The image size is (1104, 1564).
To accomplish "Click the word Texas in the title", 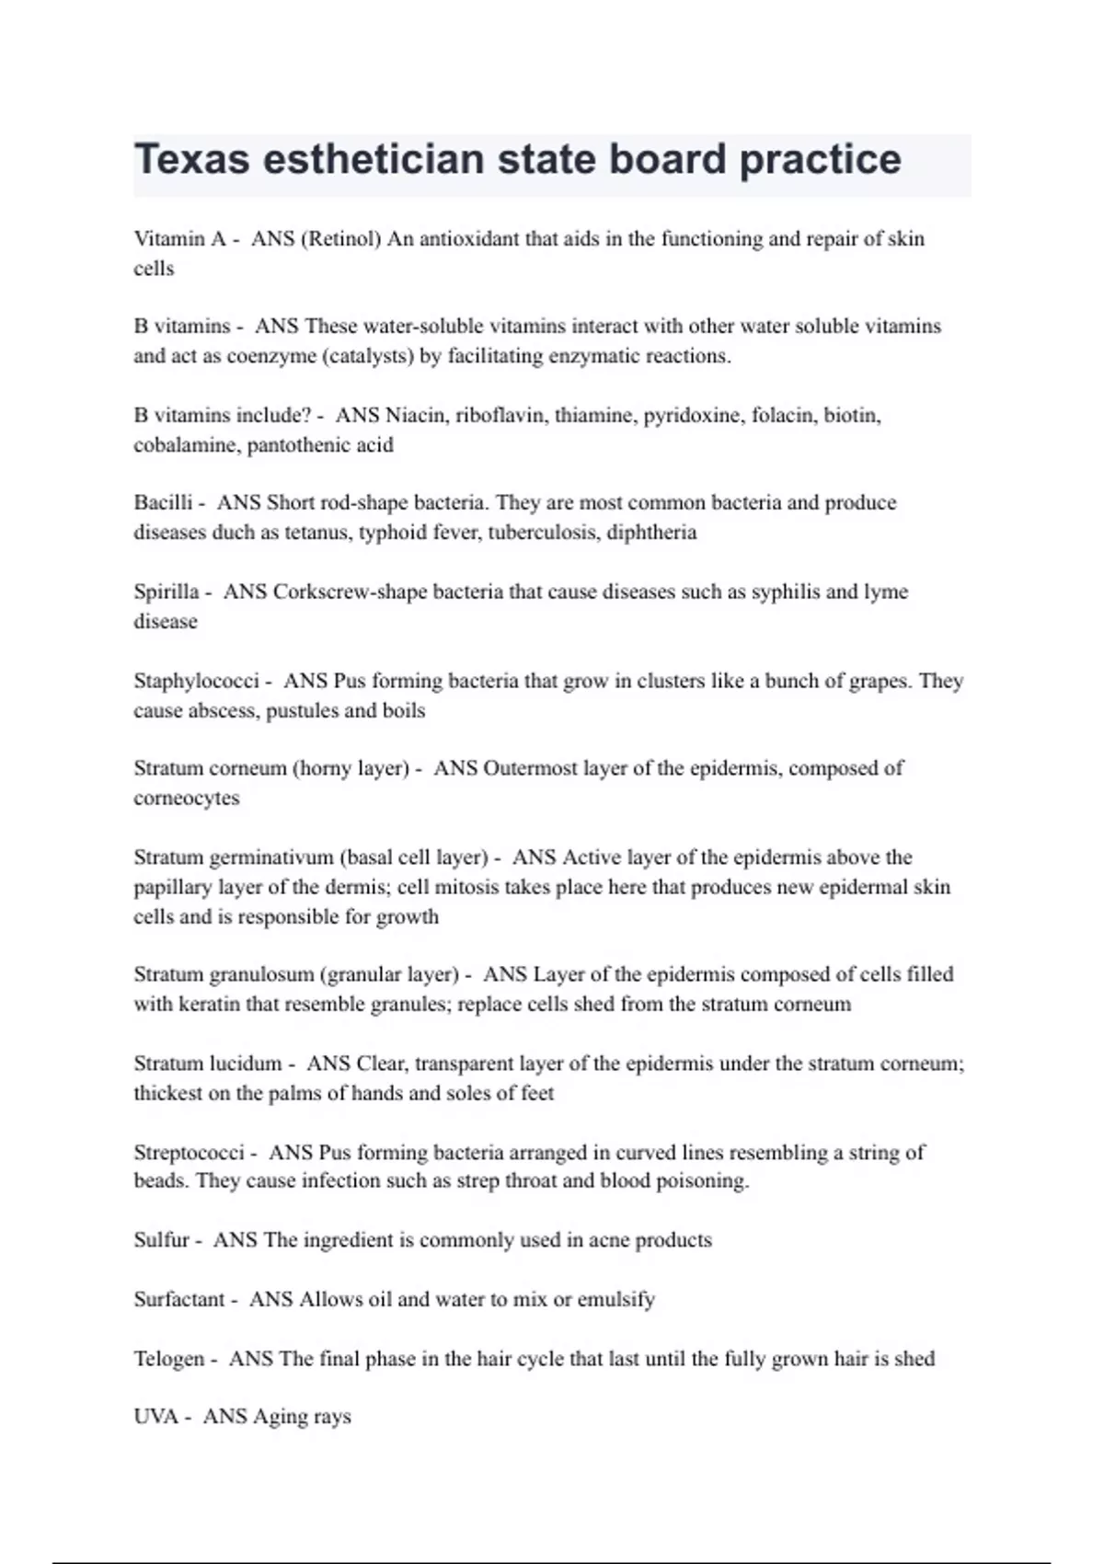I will pos(192,159).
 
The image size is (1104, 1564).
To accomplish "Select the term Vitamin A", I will pos(179,239).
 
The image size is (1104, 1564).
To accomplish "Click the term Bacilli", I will pos(163,502).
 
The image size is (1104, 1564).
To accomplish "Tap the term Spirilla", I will pos(166,592).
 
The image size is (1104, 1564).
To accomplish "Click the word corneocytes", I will pos(186,799).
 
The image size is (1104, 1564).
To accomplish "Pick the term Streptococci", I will pos(189,1153).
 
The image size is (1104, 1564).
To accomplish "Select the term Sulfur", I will pos(161,1240).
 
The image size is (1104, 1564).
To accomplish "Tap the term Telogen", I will pos(168,1359).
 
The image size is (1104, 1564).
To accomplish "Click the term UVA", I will pos(155,1417).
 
